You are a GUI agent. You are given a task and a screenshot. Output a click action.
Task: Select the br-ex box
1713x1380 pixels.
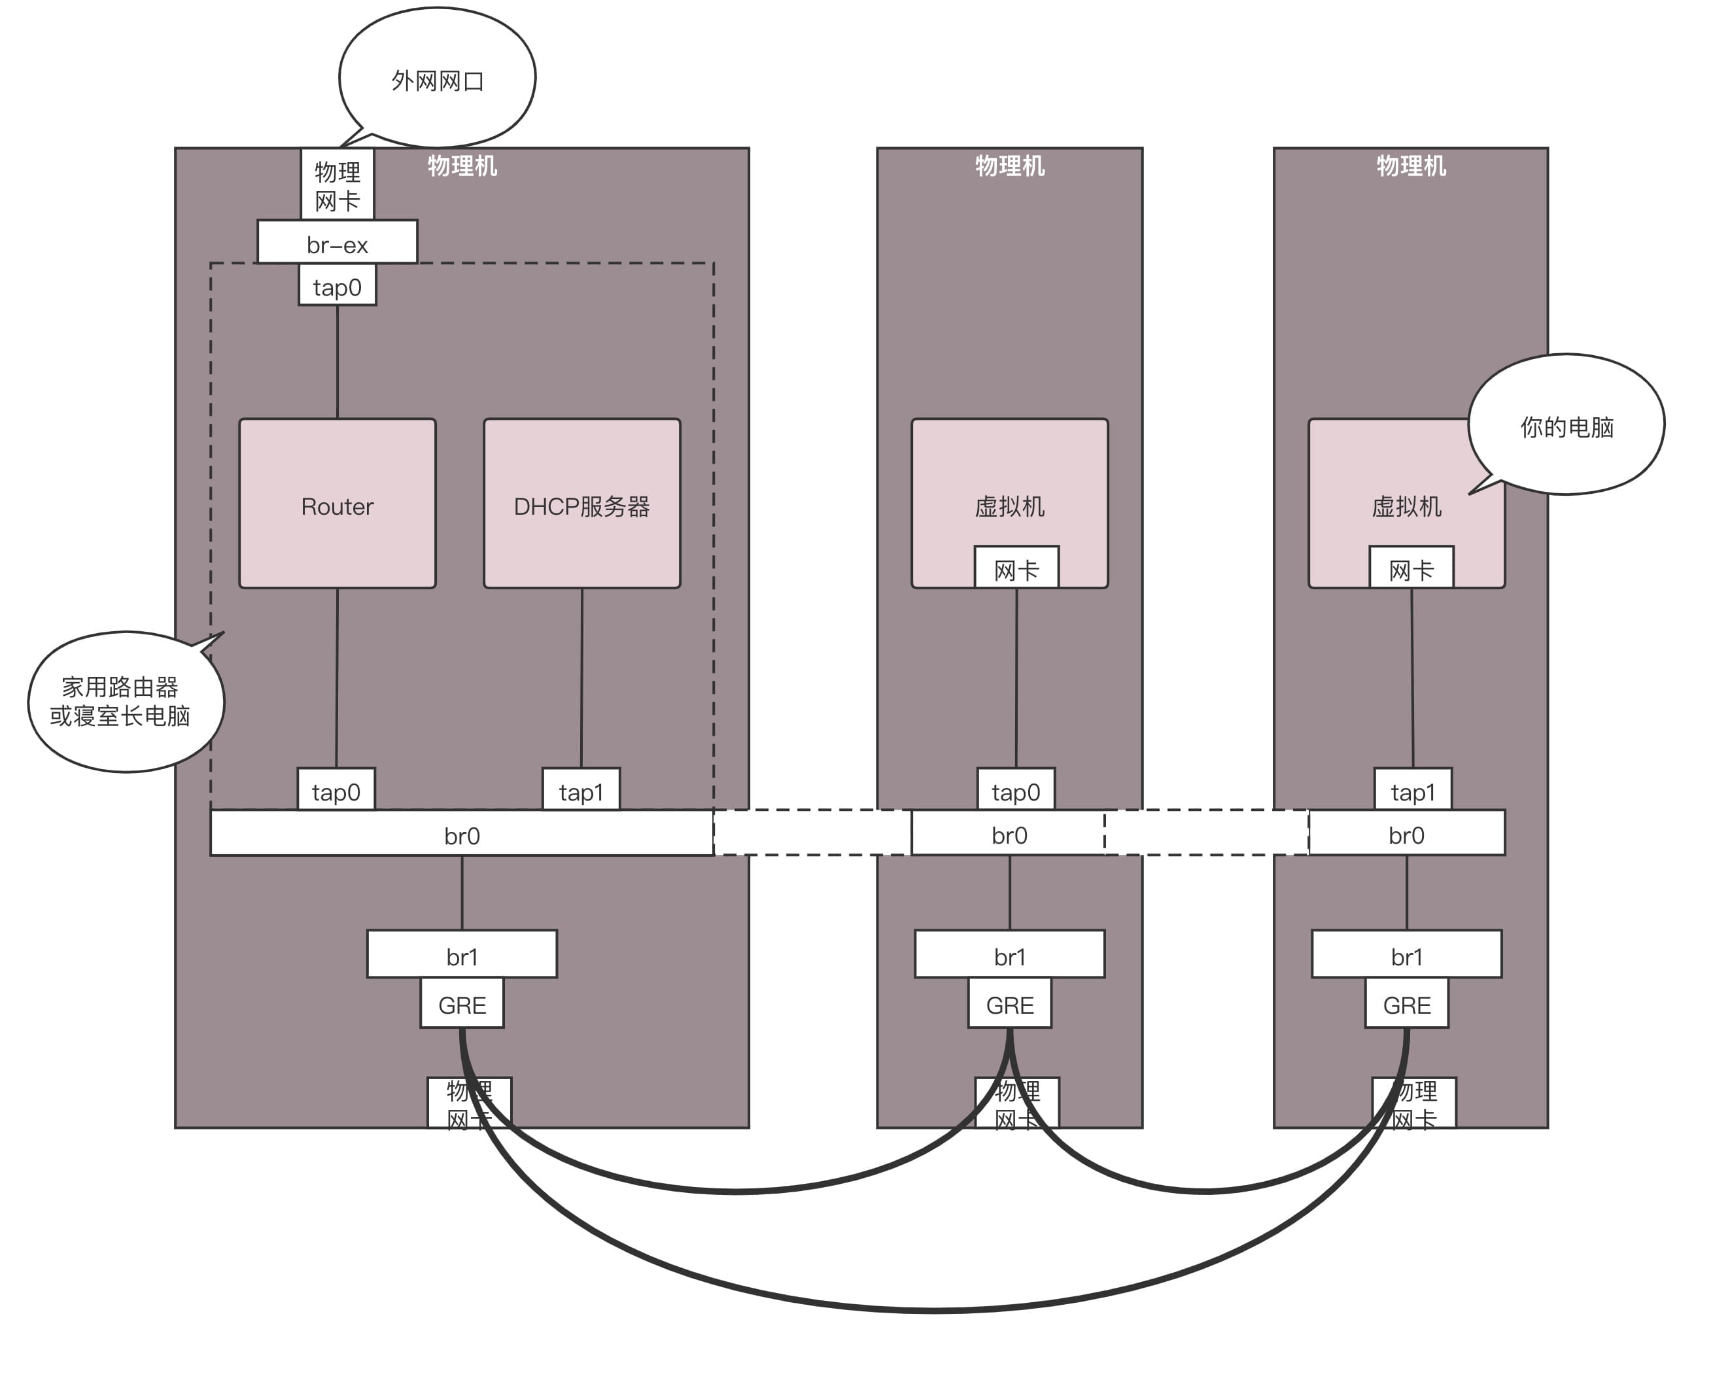click(x=337, y=243)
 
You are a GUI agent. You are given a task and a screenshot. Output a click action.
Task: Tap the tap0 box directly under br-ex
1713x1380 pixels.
click(x=337, y=286)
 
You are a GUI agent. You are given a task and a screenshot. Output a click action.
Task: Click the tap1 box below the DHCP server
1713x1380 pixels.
click(x=581, y=790)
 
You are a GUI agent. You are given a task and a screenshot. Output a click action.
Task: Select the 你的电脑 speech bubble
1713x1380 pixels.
click(x=1566, y=425)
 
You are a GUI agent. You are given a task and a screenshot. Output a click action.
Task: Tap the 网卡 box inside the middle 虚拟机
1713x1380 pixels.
click(x=1016, y=568)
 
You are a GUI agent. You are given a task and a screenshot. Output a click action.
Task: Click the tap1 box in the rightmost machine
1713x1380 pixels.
click(x=1413, y=790)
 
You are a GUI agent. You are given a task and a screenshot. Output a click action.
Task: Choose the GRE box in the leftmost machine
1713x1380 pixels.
click(x=462, y=1004)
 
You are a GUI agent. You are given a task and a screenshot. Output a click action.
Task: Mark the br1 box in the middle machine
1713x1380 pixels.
click(x=1009, y=955)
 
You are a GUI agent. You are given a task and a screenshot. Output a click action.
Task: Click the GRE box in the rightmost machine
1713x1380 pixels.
click(x=1406, y=1004)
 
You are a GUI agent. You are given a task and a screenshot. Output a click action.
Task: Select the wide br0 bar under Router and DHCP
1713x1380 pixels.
click(x=462, y=834)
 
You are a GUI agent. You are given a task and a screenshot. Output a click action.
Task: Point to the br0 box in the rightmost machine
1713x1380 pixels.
click(x=1406, y=834)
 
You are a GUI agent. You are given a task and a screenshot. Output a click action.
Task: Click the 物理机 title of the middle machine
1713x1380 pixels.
click(x=1009, y=165)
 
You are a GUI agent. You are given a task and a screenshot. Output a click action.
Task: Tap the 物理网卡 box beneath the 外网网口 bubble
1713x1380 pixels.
click(x=337, y=185)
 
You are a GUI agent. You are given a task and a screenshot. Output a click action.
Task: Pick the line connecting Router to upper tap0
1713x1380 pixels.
click(x=338, y=362)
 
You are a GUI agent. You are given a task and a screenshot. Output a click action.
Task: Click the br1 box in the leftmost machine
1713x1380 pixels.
click(x=462, y=955)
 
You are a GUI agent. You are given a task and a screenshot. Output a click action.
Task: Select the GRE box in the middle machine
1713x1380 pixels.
click(x=1009, y=1004)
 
